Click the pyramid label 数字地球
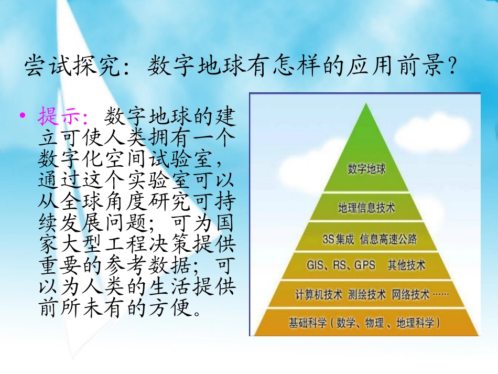[366, 169]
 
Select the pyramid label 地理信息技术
[366, 208]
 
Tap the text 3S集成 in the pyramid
[339, 239]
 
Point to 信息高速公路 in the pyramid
[388, 239]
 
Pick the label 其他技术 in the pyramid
[406, 265]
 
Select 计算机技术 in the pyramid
[318, 294]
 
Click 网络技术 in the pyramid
[410, 294]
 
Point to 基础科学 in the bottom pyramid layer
[307, 323]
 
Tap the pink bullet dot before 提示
[22, 115]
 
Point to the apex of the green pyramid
[366, 101]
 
